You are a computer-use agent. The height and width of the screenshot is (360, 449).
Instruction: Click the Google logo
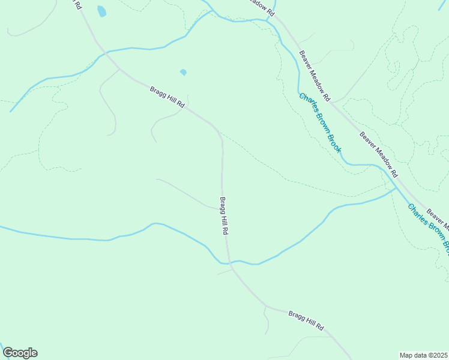tap(20, 353)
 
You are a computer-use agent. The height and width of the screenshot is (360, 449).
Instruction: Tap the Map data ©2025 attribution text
tap(424, 355)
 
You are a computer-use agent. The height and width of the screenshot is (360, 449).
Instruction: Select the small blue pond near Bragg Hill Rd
tap(183, 73)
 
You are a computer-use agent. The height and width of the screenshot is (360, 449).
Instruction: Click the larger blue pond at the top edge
tap(101, 11)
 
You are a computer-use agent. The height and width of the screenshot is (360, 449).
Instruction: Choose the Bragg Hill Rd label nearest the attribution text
tap(306, 320)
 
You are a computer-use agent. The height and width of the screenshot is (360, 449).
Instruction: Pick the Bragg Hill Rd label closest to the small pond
tap(167, 97)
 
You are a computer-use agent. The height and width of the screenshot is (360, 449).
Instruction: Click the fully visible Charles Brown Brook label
tap(320, 122)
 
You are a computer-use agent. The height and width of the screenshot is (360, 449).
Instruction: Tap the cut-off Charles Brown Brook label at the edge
tap(429, 226)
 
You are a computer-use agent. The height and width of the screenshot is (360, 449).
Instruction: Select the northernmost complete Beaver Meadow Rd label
tap(315, 75)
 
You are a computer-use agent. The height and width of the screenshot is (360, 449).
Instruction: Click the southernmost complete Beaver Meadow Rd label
tap(379, 154)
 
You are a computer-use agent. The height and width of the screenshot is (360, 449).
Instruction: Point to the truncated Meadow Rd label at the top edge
tap(262, 8)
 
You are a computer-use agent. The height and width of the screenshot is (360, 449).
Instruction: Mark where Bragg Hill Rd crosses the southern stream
tap(228, 262)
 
